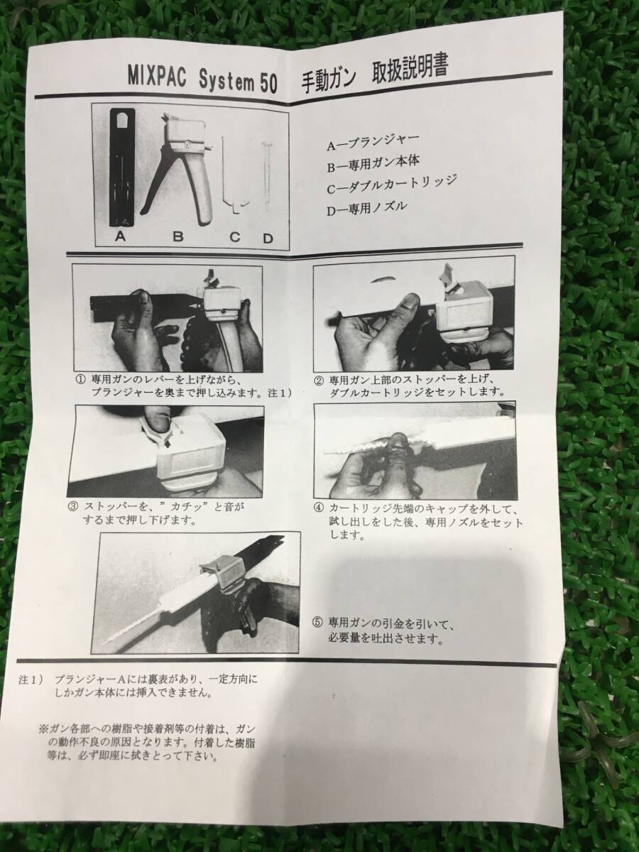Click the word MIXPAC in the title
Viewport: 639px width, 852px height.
[x=157, y=77]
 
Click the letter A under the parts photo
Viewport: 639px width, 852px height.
[x=121, y=236]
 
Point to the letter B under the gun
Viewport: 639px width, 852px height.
[x=178, y=236]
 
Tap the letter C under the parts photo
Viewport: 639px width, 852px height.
[x=235, y=236]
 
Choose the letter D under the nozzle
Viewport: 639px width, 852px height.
[x=268, y=238]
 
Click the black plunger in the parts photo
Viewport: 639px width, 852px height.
[x=122, y=168]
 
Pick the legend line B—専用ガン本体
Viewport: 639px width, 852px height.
[x=373, y=163]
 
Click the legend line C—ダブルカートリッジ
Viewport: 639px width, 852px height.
[x=391, y=184]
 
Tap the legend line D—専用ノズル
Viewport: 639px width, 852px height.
[x=367, y=207]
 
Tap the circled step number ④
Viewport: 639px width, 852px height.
[x=318, y=508]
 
